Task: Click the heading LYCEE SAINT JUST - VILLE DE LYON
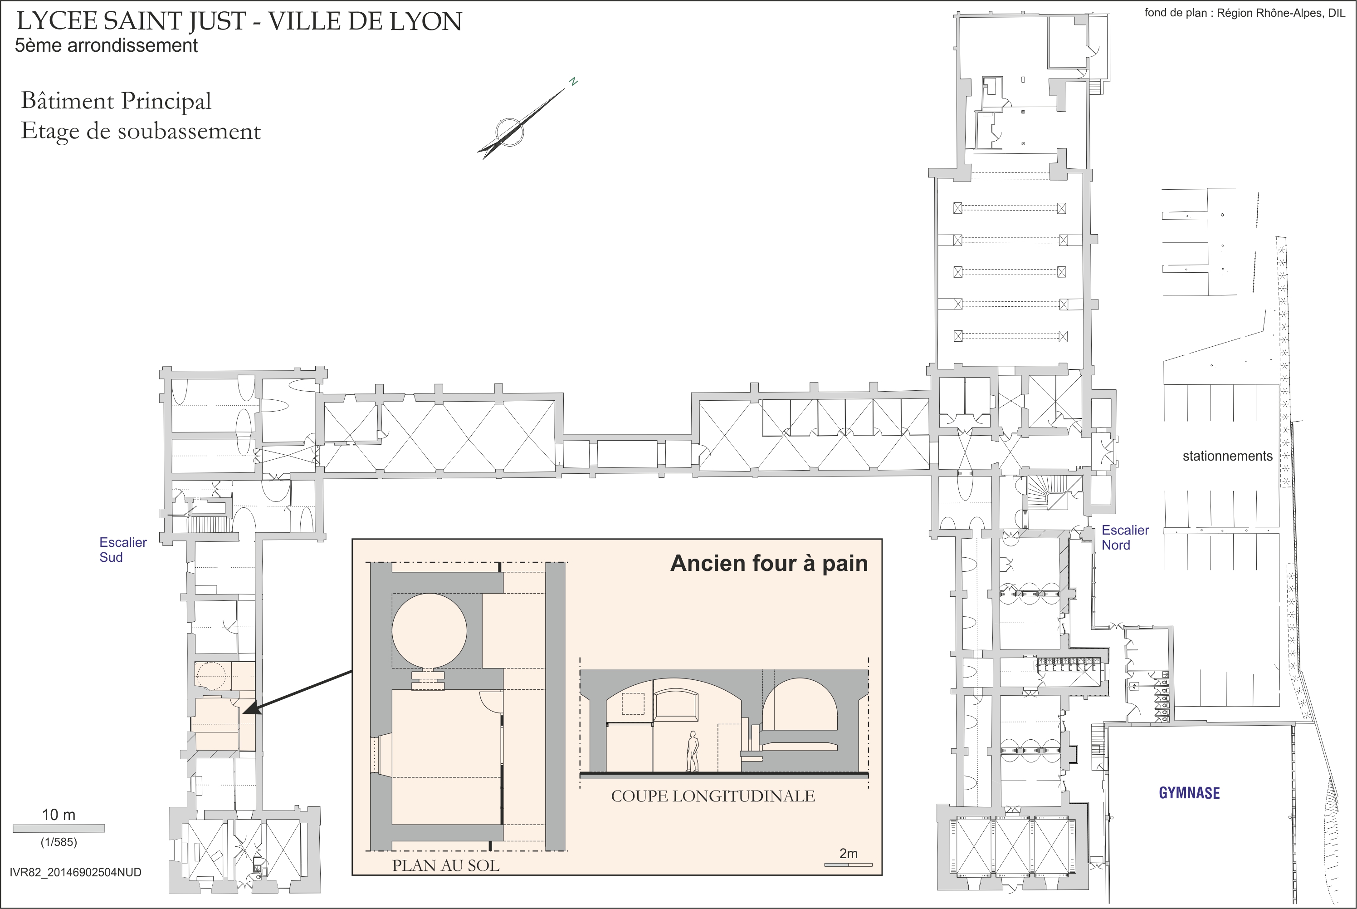pos(239,21)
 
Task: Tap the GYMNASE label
pos(1189,793)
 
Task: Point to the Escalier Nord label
pos(1125,537)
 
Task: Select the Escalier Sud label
pos(123,550)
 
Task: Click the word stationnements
pos(1227,456)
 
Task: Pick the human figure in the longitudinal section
pos(692,752)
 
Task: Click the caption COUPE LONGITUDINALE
pos(713,796)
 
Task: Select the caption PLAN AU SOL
pos(445,865)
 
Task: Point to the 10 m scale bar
pos(59,828)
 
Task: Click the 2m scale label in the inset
pos(848,853)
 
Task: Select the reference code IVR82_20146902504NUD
pos(75,873)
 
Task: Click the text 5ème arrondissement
pos(106,46)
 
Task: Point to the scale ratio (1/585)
pos(59,842)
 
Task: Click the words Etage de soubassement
pos(141,131)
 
